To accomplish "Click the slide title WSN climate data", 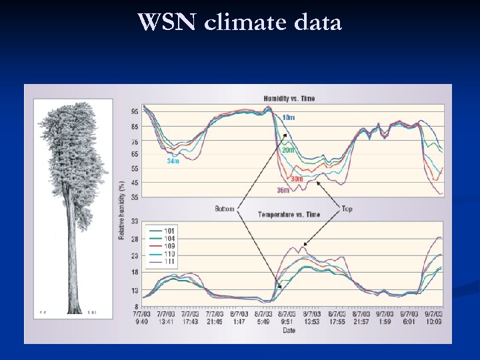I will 240,23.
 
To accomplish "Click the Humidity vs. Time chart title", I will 289,99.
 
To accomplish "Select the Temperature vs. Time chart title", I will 289,214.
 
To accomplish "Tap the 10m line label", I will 288,118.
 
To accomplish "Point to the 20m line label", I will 287,151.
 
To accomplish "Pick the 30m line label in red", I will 297,179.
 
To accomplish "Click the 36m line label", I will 283,191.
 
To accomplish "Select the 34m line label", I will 173,161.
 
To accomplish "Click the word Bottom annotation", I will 224,209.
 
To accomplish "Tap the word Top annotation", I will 347,209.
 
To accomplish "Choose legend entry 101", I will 171,231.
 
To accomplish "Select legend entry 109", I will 171,246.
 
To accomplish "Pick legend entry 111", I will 171,261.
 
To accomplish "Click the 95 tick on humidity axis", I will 135,111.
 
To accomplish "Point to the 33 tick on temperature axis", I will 135,221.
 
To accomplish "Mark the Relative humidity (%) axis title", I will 122,210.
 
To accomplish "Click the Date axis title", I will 289,330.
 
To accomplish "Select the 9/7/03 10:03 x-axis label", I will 433,317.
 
